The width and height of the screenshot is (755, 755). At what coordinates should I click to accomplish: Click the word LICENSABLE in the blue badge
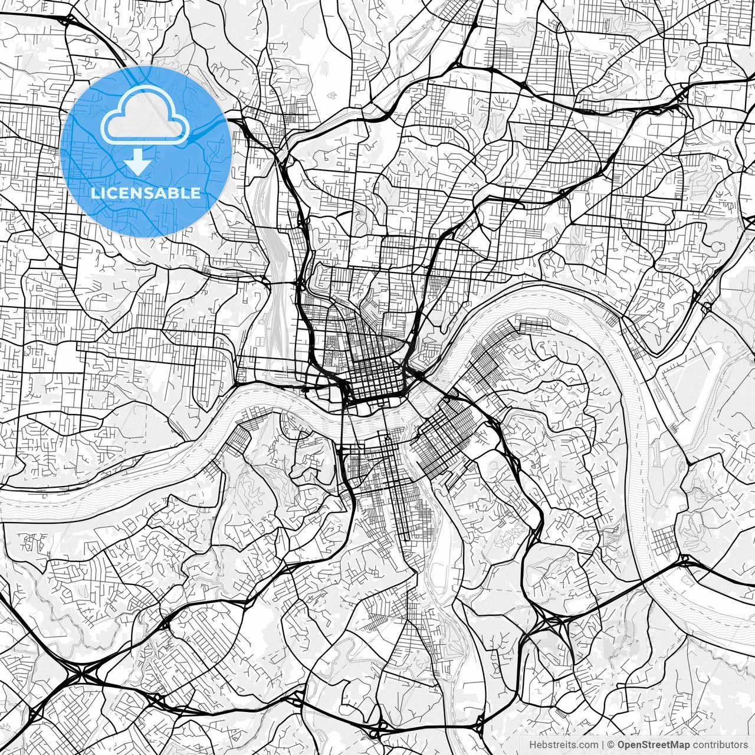pos(145,193)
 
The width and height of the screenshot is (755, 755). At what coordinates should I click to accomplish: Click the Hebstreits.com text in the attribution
pos(563,745)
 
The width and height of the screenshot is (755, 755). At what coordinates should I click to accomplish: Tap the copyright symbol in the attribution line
pos(610,745)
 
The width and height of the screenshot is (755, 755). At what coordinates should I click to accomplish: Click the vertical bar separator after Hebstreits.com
pos(603,745)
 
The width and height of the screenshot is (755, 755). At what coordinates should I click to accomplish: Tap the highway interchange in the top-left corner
pos(66,21)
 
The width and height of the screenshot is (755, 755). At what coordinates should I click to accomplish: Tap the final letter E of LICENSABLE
pos(196,193)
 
